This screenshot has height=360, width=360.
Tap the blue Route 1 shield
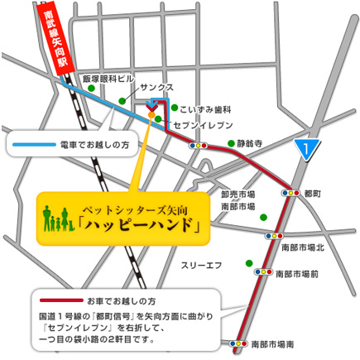307,149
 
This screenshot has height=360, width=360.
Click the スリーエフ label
202,265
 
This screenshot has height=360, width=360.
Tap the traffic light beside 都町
290,191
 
